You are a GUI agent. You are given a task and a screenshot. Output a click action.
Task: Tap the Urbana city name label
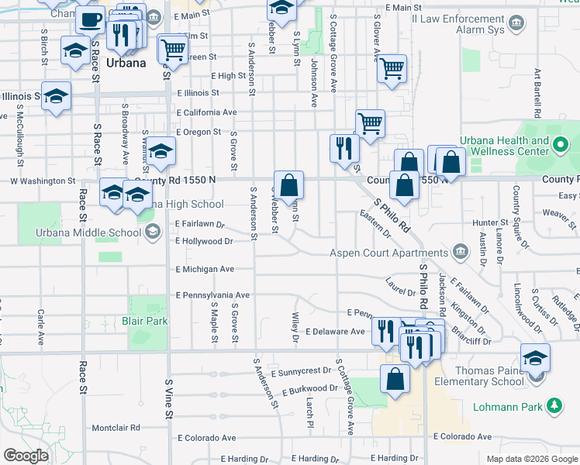tap(126, 63)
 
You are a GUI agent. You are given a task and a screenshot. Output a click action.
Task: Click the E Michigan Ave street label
tap(205, 269)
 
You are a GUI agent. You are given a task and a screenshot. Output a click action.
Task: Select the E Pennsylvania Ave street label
tap(212, 295)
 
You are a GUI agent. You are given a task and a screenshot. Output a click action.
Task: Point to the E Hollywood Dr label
tap(204, 242)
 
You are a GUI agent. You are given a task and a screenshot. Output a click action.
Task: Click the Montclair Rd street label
tap(116, 427)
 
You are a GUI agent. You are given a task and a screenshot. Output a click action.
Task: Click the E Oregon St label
tap(199, 133)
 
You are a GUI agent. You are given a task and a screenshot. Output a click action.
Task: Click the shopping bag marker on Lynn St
tap(288, 186)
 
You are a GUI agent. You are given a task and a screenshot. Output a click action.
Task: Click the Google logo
tap(26, 456)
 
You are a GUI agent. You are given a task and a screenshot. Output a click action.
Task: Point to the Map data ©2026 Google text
tap(532, 459)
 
